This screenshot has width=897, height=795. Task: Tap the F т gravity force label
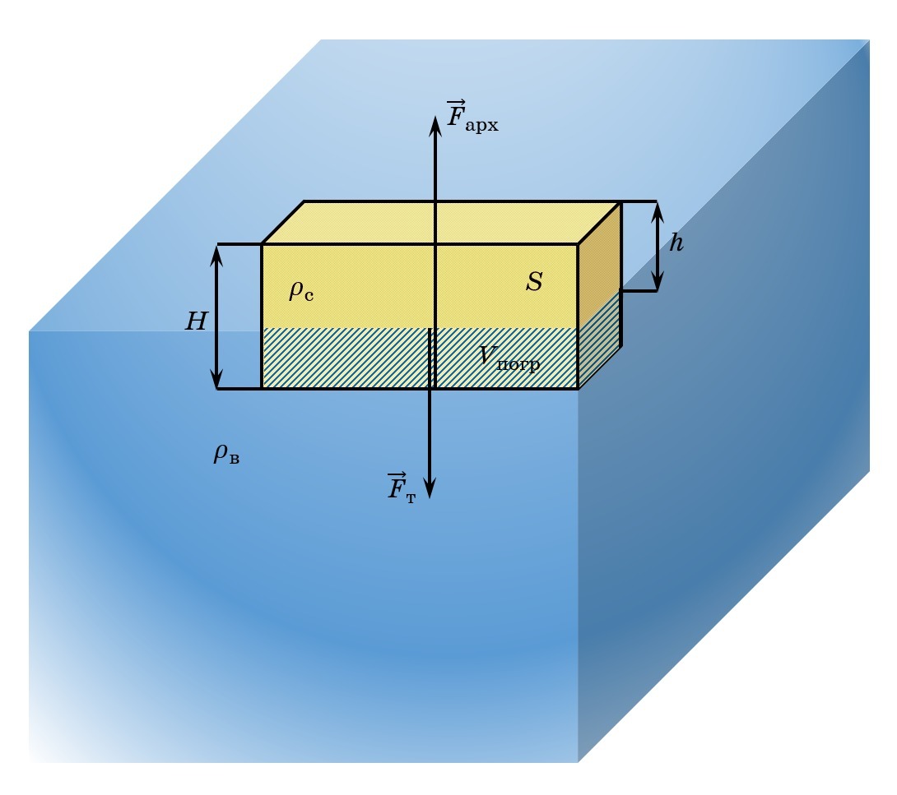pyautogui.click(x=402, y=488)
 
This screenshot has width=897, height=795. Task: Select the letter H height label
pyautogui.click(x=196, y=321)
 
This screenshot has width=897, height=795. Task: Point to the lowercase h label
pyautogui.click(x=676, y=243)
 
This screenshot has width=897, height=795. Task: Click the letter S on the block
pyautogui.click(x=534, y=282)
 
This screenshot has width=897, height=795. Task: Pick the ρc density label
pyautogui.click(x=301, y=291)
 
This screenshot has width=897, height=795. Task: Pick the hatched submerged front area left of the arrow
pyautogui.click(x=346, y=358)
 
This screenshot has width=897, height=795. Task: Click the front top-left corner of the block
pyautogui.click(x=263, y=244)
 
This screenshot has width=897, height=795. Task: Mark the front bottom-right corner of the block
pyautogui.click(x=578, y=388)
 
